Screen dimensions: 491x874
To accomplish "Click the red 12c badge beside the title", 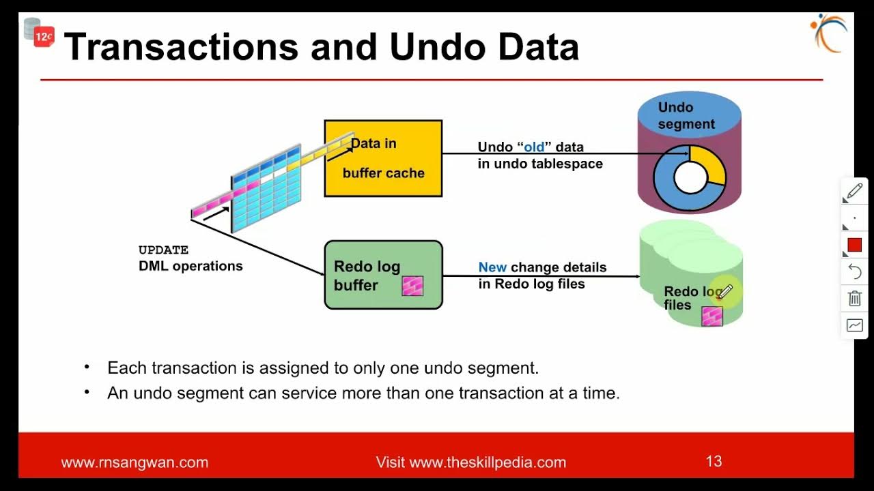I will (x=44, y=38).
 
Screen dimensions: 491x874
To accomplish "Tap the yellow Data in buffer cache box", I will (x=383, y=158).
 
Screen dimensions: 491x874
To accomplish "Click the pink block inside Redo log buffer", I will (x=412, y=286).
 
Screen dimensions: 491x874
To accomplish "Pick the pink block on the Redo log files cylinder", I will (x=712, y=316).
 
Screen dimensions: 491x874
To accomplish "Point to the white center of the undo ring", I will (x=690, y=179).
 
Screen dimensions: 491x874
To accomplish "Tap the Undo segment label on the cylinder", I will (x=686, y=116).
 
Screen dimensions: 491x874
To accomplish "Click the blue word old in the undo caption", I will (x=534, y=147).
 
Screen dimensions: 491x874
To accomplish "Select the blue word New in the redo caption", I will (x=492, y=267).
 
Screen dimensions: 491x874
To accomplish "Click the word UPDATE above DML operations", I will (x=163, y=250).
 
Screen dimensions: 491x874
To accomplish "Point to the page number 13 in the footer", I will (x=714, y=462).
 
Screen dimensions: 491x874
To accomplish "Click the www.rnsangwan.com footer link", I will (x=135, y=462).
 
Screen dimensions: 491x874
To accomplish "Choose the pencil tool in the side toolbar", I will (x=855, y=192).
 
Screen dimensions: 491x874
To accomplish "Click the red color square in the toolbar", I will (x=855, y=245).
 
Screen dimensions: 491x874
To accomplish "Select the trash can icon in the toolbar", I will (x=855, y=299).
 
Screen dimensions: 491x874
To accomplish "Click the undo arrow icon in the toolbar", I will (x=855, y=272).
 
